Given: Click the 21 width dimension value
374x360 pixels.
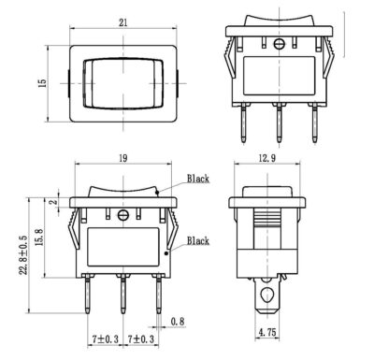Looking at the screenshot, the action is [x=123, y=22].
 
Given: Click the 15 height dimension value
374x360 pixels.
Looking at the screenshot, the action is [x=42, y=83].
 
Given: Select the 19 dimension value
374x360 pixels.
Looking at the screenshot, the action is [x=123, y=158].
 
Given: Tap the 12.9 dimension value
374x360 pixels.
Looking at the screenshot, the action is [x=267, y=158].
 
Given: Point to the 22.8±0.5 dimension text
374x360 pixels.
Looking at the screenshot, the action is [x=23, y=255].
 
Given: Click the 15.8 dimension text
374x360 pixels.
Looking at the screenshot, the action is [x=39, y=238].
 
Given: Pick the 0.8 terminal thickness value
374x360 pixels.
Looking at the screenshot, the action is [x=178, y=322].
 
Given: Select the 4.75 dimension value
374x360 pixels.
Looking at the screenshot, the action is [x=267, y=332].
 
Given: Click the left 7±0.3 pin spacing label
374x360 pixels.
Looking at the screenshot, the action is [x=106, y=338].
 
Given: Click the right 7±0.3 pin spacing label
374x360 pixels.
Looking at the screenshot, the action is [x=141, y=338].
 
